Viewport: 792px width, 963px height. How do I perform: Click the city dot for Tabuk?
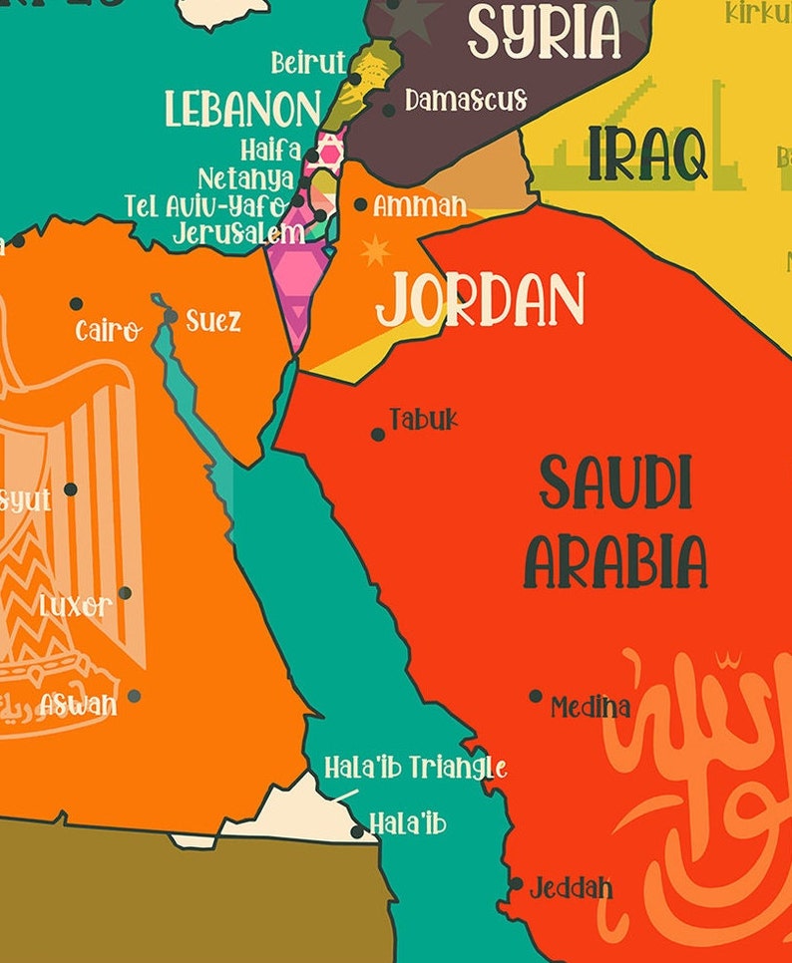coord(378,435)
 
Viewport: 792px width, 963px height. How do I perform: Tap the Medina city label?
coord(591,708)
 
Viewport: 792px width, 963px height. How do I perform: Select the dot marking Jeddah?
coord(516,883)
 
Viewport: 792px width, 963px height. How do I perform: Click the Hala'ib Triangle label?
coord(415,768)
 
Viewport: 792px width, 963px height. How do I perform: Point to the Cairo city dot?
coord(76,304)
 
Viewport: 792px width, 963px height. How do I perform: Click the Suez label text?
coord(213,322)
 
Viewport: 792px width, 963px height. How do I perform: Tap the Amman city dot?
coord(360,204)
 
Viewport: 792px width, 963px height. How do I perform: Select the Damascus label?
coord(466,100)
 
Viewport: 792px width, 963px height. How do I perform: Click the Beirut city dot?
coord(355,78)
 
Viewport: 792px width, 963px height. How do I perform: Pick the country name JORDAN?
coord(480,300)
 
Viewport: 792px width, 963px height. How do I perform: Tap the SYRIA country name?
coord(545,32)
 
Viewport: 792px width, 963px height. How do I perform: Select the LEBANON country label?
coord(243,109)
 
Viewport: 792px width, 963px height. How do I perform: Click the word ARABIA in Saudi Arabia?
coord(616,561)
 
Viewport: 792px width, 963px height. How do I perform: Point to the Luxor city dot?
coord(125,593)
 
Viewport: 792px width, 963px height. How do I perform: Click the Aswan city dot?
coord(134,696)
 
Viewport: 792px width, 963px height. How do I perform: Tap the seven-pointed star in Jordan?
coord(374,250)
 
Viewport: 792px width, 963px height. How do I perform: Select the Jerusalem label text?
coord(238,234)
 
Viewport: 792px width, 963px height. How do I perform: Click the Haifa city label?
coord(270,151)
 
